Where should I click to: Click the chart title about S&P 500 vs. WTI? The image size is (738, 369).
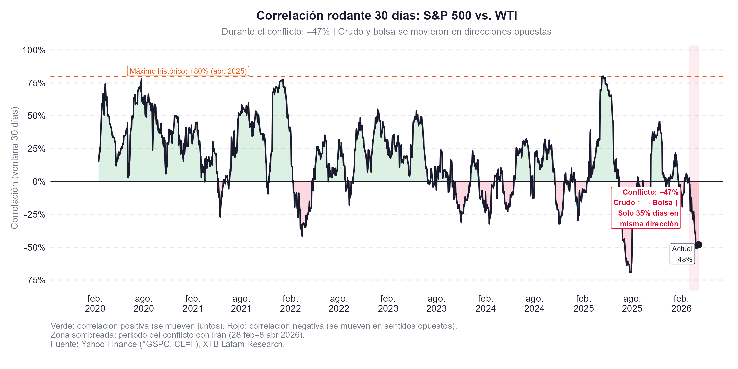click(x=386, y=16)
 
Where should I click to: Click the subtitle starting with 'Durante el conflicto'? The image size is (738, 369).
click(x=386, y=32)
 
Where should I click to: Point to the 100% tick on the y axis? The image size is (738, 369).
click(x=34, y=50)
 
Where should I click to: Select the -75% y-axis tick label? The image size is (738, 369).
click(x=35, y=280)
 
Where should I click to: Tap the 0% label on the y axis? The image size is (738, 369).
click(x=39, y=182)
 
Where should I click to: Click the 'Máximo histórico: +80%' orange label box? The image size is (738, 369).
click(x=188, y=71)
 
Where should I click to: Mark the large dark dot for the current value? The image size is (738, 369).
click(x=699, y=245)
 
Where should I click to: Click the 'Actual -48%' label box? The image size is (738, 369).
click(x=682, y=254)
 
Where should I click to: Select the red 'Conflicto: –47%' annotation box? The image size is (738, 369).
click(x=646, y=208)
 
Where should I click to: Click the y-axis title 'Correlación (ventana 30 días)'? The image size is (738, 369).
click(x=15, y=168)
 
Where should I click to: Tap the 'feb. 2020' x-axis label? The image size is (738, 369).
click(x=95, y=303)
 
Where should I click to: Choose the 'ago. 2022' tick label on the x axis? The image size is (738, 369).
click(x=339, y=303)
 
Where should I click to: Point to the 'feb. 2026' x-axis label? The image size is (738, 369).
click(x=681, y=303)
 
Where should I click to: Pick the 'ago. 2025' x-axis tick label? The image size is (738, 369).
click(x=632, y=303)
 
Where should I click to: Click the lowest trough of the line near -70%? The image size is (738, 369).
click(x=630, y=272)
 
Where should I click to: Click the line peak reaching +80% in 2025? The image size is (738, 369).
click(x=603, y=77)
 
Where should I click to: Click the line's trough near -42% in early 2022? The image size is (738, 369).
click(x=302, y=236)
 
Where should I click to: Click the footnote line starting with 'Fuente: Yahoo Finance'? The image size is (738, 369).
click(x=168, y=344)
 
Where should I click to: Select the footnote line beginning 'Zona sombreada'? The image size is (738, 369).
click(x=177, y=335)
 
